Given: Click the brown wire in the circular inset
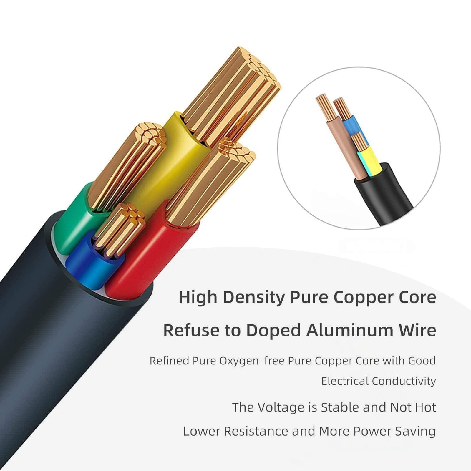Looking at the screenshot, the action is (341, 147).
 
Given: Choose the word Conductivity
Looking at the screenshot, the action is (404, 381).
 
